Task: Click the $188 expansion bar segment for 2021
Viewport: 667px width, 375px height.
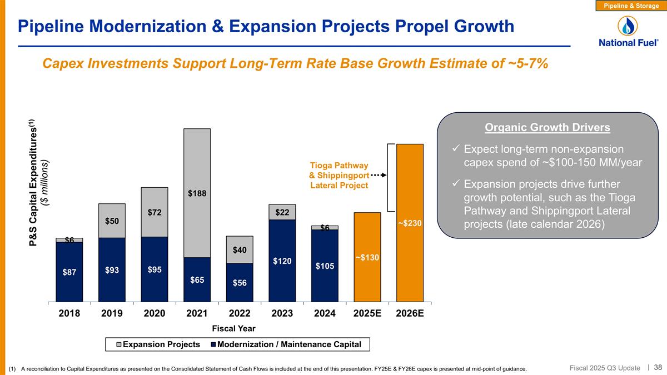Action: (197, 193)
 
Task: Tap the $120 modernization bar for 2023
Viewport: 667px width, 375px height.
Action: (282, 261)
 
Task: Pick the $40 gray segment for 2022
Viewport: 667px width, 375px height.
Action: (240, 249)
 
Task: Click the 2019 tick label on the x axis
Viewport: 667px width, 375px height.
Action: (112, 313)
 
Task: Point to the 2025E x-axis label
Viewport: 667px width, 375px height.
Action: (367, 313)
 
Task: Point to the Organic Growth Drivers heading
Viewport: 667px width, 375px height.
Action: (547, 128)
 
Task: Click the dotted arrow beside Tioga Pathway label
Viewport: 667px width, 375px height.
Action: (378, 175)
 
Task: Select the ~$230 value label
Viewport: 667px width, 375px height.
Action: (410, 223)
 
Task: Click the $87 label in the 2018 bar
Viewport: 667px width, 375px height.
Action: (69, 272)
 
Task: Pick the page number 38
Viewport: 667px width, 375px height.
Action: (658, 367)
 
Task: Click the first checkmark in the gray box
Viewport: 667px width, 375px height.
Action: (455, 149)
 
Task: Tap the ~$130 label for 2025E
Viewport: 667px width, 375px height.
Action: (367, 257)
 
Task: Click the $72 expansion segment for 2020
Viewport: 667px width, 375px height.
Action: (155, 212)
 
